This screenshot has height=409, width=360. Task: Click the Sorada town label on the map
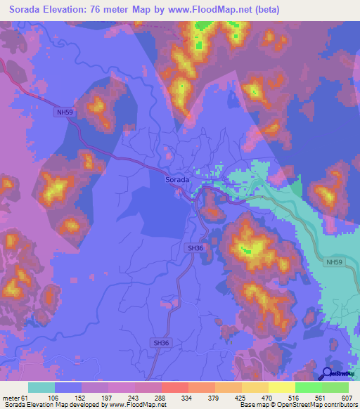pyautogui.click(x=176, y=180)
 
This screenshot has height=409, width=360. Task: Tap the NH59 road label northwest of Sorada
pyautogui.click(x=63, y=112)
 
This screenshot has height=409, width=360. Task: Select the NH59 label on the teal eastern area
pyautogui.click(x=333, y=261)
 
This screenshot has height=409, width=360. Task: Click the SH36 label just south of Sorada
pyautogui.click(x=195, y=248)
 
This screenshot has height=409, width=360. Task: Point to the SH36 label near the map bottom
pyautogui.click(x=160, y=342)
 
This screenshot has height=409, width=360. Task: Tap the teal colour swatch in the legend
pyautogui.click(x=41, y=387)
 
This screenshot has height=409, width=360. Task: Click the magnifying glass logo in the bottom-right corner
pyautogui.click(x=328, y=374)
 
